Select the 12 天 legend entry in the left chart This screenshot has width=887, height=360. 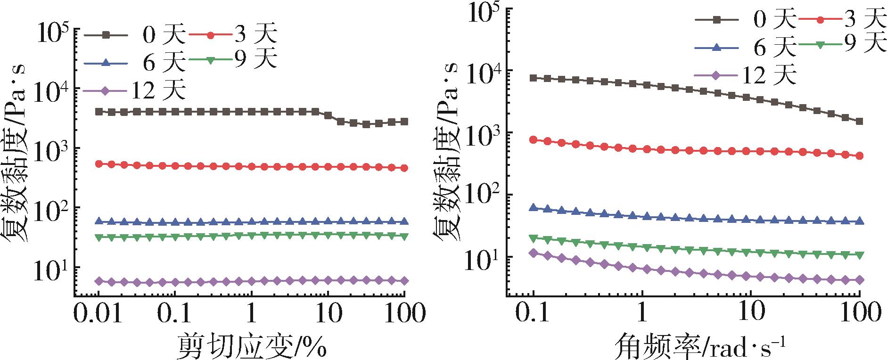click(134, 90)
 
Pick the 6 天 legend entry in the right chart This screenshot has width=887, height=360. click(745, 48)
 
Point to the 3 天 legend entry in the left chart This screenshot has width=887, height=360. click(233, 35)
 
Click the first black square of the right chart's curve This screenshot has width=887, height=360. click(534, 78)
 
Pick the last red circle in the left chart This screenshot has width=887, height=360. click(404, 168)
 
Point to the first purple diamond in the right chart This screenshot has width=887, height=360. click(534, 253)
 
